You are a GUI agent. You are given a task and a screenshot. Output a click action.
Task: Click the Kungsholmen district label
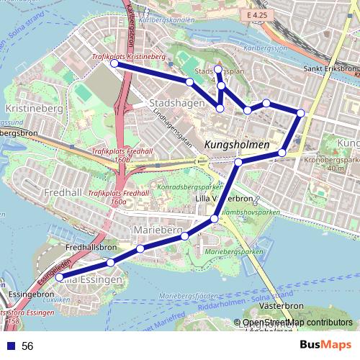[237, 145]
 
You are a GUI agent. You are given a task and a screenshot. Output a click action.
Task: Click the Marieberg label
[156, 229]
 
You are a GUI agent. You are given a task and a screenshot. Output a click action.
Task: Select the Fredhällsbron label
[91, 247]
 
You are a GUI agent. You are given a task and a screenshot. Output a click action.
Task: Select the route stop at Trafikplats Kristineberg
[114, 63]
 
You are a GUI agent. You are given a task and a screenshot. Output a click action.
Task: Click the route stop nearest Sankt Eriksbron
[300, 112]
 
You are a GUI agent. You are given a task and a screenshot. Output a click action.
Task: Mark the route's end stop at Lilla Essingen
[60, 276]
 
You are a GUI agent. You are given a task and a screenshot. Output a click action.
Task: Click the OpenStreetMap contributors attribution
[297, 323]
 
